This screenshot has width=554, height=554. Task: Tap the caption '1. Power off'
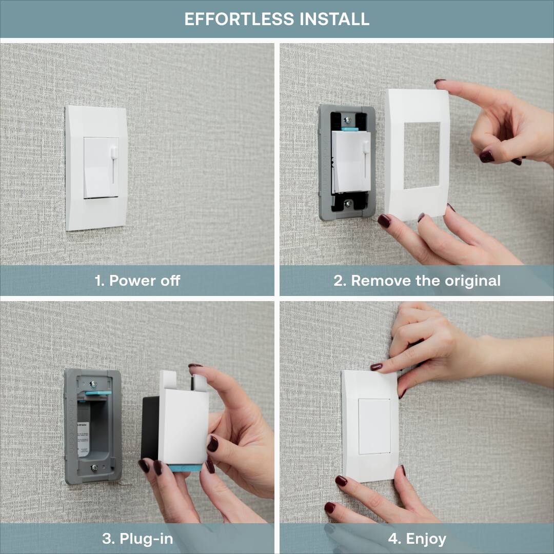[137, 281]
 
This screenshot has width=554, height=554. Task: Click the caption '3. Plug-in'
[137, 539]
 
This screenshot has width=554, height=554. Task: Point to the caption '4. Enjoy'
[417, 539]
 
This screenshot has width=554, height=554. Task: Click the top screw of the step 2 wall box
[348, 120]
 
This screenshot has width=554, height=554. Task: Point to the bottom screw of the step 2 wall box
[348, 204]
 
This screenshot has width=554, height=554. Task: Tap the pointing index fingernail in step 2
[440, 81]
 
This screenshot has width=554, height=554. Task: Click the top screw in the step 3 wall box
[93, 383]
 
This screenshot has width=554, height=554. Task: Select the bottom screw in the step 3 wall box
[93, 468]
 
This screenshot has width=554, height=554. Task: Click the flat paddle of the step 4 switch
[373, 426]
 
